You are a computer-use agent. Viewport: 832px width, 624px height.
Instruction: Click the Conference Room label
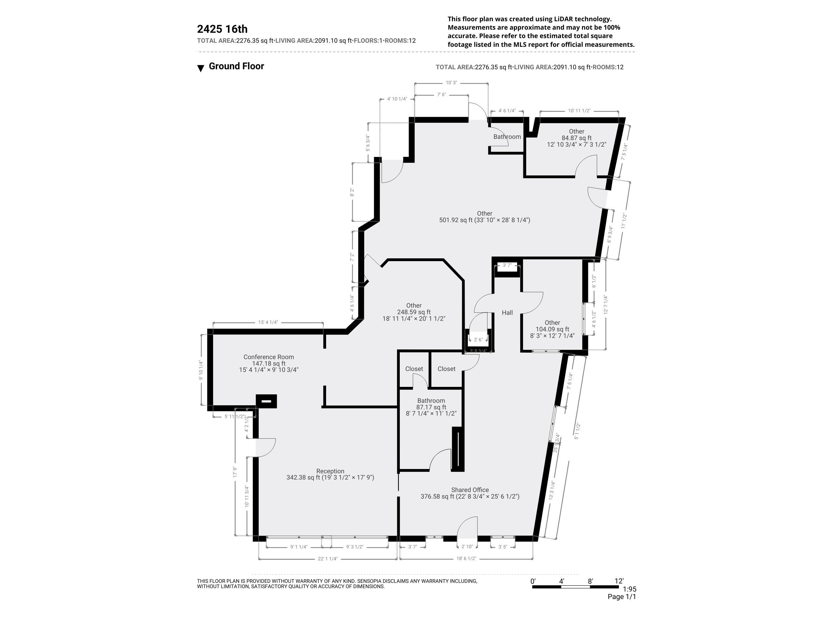pos(269,357)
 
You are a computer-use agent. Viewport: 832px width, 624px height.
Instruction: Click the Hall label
pos(507,313)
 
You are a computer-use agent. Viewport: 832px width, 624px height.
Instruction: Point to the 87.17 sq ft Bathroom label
pos(431,401)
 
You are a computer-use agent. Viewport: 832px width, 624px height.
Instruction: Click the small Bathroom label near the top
pos(507,137)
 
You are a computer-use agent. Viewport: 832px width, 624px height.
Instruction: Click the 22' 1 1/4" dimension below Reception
pos(328,558)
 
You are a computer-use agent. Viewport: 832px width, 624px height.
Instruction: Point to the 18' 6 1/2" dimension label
pos(467,558)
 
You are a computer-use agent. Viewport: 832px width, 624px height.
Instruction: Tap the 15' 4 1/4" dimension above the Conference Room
pos(268,322)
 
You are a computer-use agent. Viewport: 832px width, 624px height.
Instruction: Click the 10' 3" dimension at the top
pos(451,83)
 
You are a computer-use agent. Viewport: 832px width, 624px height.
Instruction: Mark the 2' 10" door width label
pos(467,547)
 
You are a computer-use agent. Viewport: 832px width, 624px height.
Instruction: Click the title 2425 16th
pos(222,29)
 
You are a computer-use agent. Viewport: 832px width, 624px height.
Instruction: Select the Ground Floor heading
pos(236,66)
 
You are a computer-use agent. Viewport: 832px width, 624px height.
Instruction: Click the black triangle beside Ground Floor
pos(201,68)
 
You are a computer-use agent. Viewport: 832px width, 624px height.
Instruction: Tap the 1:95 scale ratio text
pos(630,589)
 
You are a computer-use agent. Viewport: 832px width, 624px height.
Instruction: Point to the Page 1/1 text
pos(622,597)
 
